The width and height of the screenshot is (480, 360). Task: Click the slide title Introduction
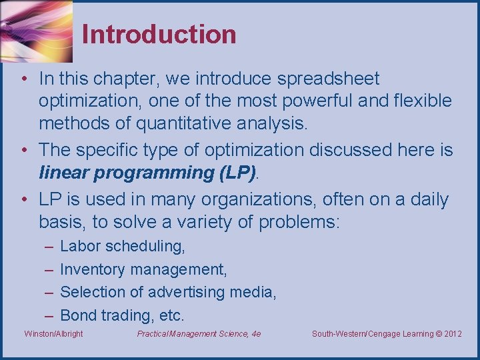159,34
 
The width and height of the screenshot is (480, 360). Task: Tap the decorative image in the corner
37,31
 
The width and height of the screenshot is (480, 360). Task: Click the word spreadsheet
329,79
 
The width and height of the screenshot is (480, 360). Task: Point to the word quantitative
183,124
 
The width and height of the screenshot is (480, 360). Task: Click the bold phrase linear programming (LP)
147,173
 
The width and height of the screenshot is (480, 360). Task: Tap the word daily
429,200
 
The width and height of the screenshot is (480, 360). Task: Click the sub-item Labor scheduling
123,246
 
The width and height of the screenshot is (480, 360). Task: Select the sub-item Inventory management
143,270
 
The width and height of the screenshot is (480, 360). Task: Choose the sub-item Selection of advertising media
168,292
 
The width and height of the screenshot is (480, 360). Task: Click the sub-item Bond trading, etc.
122,315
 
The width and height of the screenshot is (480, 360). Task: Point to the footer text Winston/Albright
53,334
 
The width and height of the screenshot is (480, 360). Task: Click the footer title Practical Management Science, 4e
199,334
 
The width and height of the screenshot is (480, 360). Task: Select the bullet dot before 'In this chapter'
25,79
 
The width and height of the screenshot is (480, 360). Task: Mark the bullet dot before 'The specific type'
25,150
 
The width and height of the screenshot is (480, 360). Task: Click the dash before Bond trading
49,316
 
